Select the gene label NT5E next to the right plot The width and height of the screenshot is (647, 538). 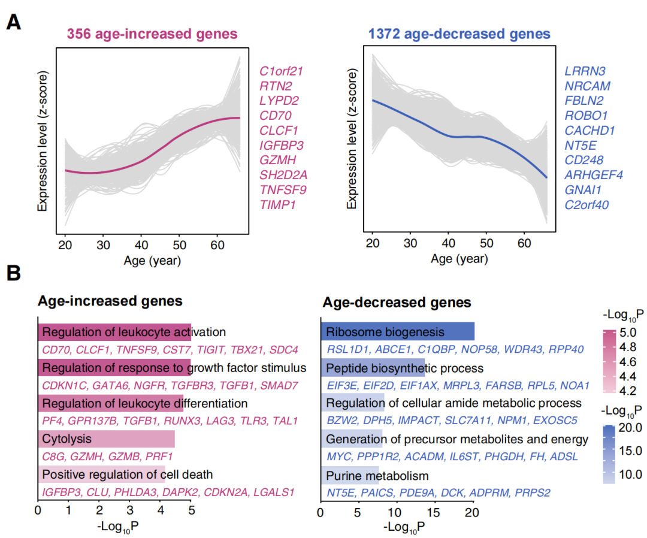[581, 145]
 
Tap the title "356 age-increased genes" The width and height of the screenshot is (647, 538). [152, 34]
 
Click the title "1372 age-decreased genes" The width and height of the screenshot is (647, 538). [459, 34]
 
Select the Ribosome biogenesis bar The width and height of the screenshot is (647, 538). [397, 331]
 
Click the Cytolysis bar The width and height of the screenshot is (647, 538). [107, 439]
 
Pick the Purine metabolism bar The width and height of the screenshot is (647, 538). [350, 476]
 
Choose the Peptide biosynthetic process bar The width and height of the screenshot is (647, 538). [373, 367]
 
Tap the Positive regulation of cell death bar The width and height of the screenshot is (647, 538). [102, 475]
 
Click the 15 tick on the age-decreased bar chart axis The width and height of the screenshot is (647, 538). [434, 513]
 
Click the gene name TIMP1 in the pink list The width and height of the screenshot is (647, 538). [277, 205]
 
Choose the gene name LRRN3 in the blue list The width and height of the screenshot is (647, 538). [585, 71]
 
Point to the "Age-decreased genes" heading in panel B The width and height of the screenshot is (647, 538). [397, 302]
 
